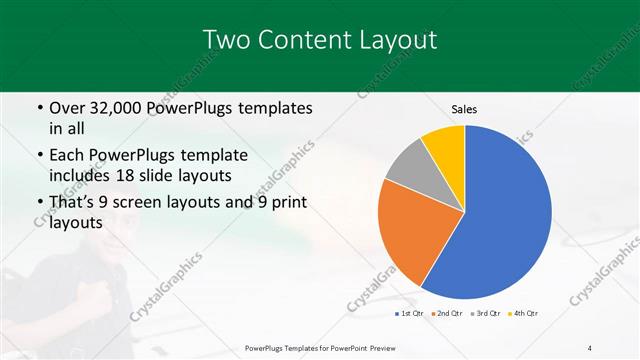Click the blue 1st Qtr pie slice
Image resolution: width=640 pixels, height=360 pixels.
pyautogui.click(x=500, y=215)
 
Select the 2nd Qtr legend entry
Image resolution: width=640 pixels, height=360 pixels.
pyautogui.click(x=447, y=314)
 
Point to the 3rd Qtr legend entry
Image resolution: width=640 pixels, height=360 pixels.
pyautogui.click(x=486, y=314)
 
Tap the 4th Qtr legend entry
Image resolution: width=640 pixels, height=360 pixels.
pyautogui.click(x=524, y=314)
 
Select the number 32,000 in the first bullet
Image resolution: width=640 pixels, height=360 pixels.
pyautogui.click(x=119, y=108)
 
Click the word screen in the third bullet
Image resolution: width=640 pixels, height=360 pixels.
pyautogui.click(x=157, y=202)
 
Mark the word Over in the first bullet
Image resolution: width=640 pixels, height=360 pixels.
pyautogui.click(x=66, y=108)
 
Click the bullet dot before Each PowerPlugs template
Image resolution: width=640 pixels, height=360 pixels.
pyautogui.click(x=38, y=155)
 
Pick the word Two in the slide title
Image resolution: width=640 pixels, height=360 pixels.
pyautogui.click(x=223, y=40)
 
